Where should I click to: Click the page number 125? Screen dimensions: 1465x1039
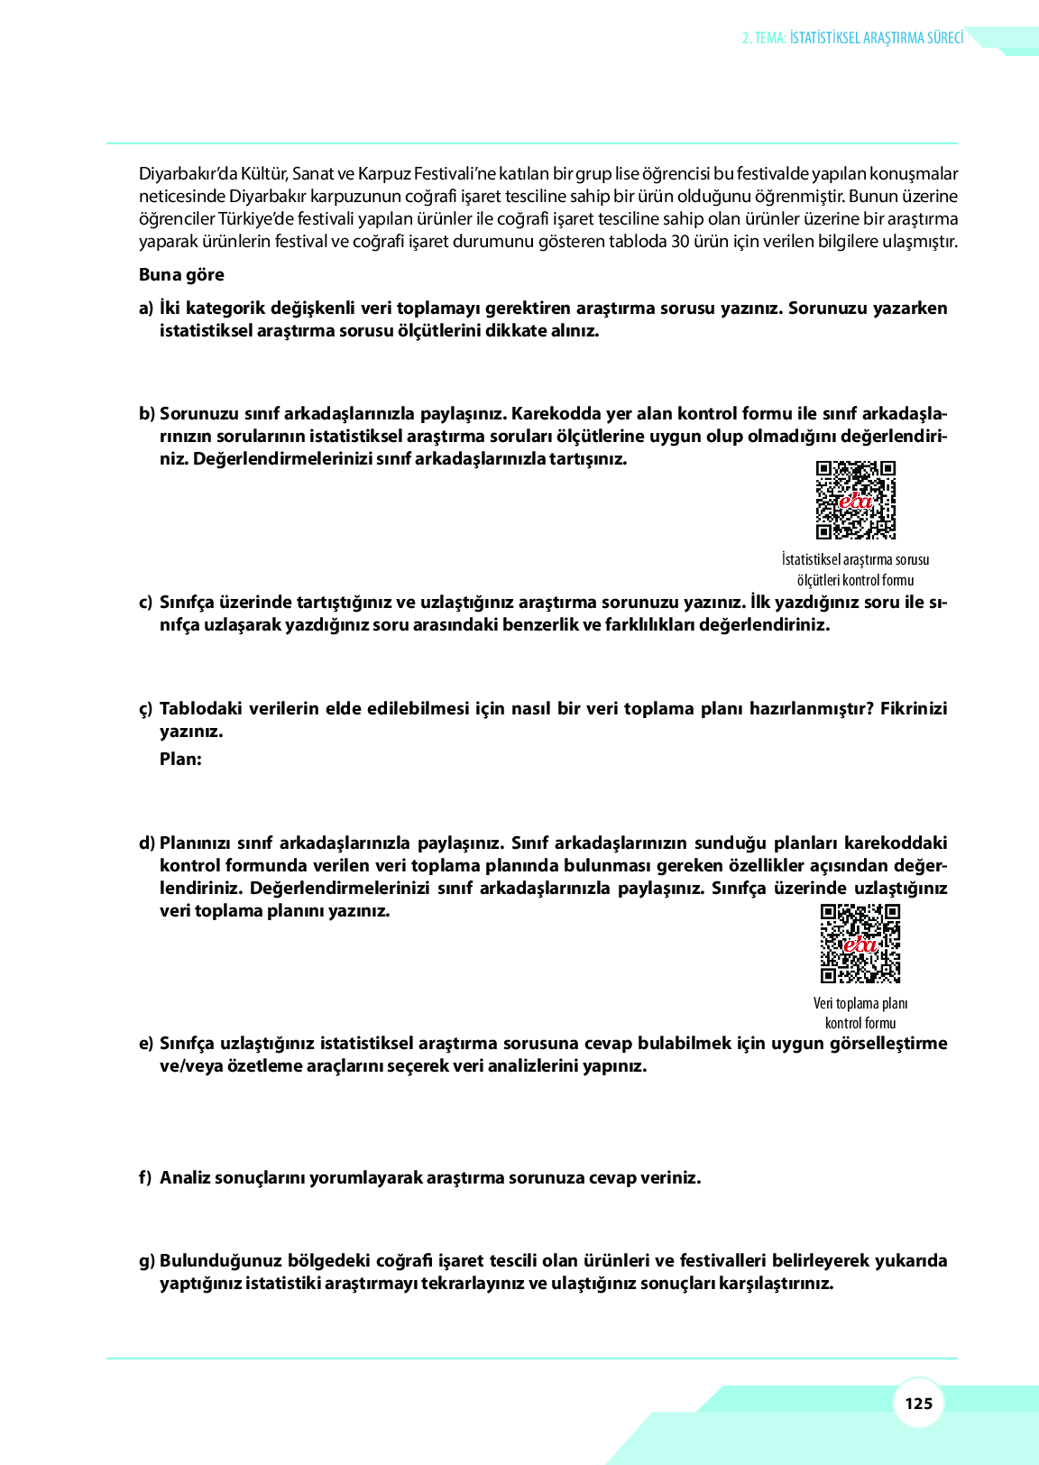click(x=918, y=1403)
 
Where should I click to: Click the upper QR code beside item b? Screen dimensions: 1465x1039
click(x=855, y=500)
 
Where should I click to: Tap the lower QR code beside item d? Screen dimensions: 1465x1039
click(x=860, y=944)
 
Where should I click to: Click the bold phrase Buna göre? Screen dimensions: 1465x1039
click(x=181, y=275)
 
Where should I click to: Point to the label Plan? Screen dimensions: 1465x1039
click(x=180, y=760)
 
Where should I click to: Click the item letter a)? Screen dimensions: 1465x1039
click(x=146, y=309)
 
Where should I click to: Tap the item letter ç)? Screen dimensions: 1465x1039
click(x=146, y=709)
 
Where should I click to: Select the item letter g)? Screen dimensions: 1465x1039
click(x=146, y=1261)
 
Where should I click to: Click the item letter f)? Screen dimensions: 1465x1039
click(x=145, y=1178)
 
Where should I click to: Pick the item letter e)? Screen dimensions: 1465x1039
click(x=146, y=1044)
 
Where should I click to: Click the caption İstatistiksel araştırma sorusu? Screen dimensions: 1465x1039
click(x=855, y=559)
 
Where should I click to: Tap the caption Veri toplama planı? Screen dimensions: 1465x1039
click(x=860, y=1003)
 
